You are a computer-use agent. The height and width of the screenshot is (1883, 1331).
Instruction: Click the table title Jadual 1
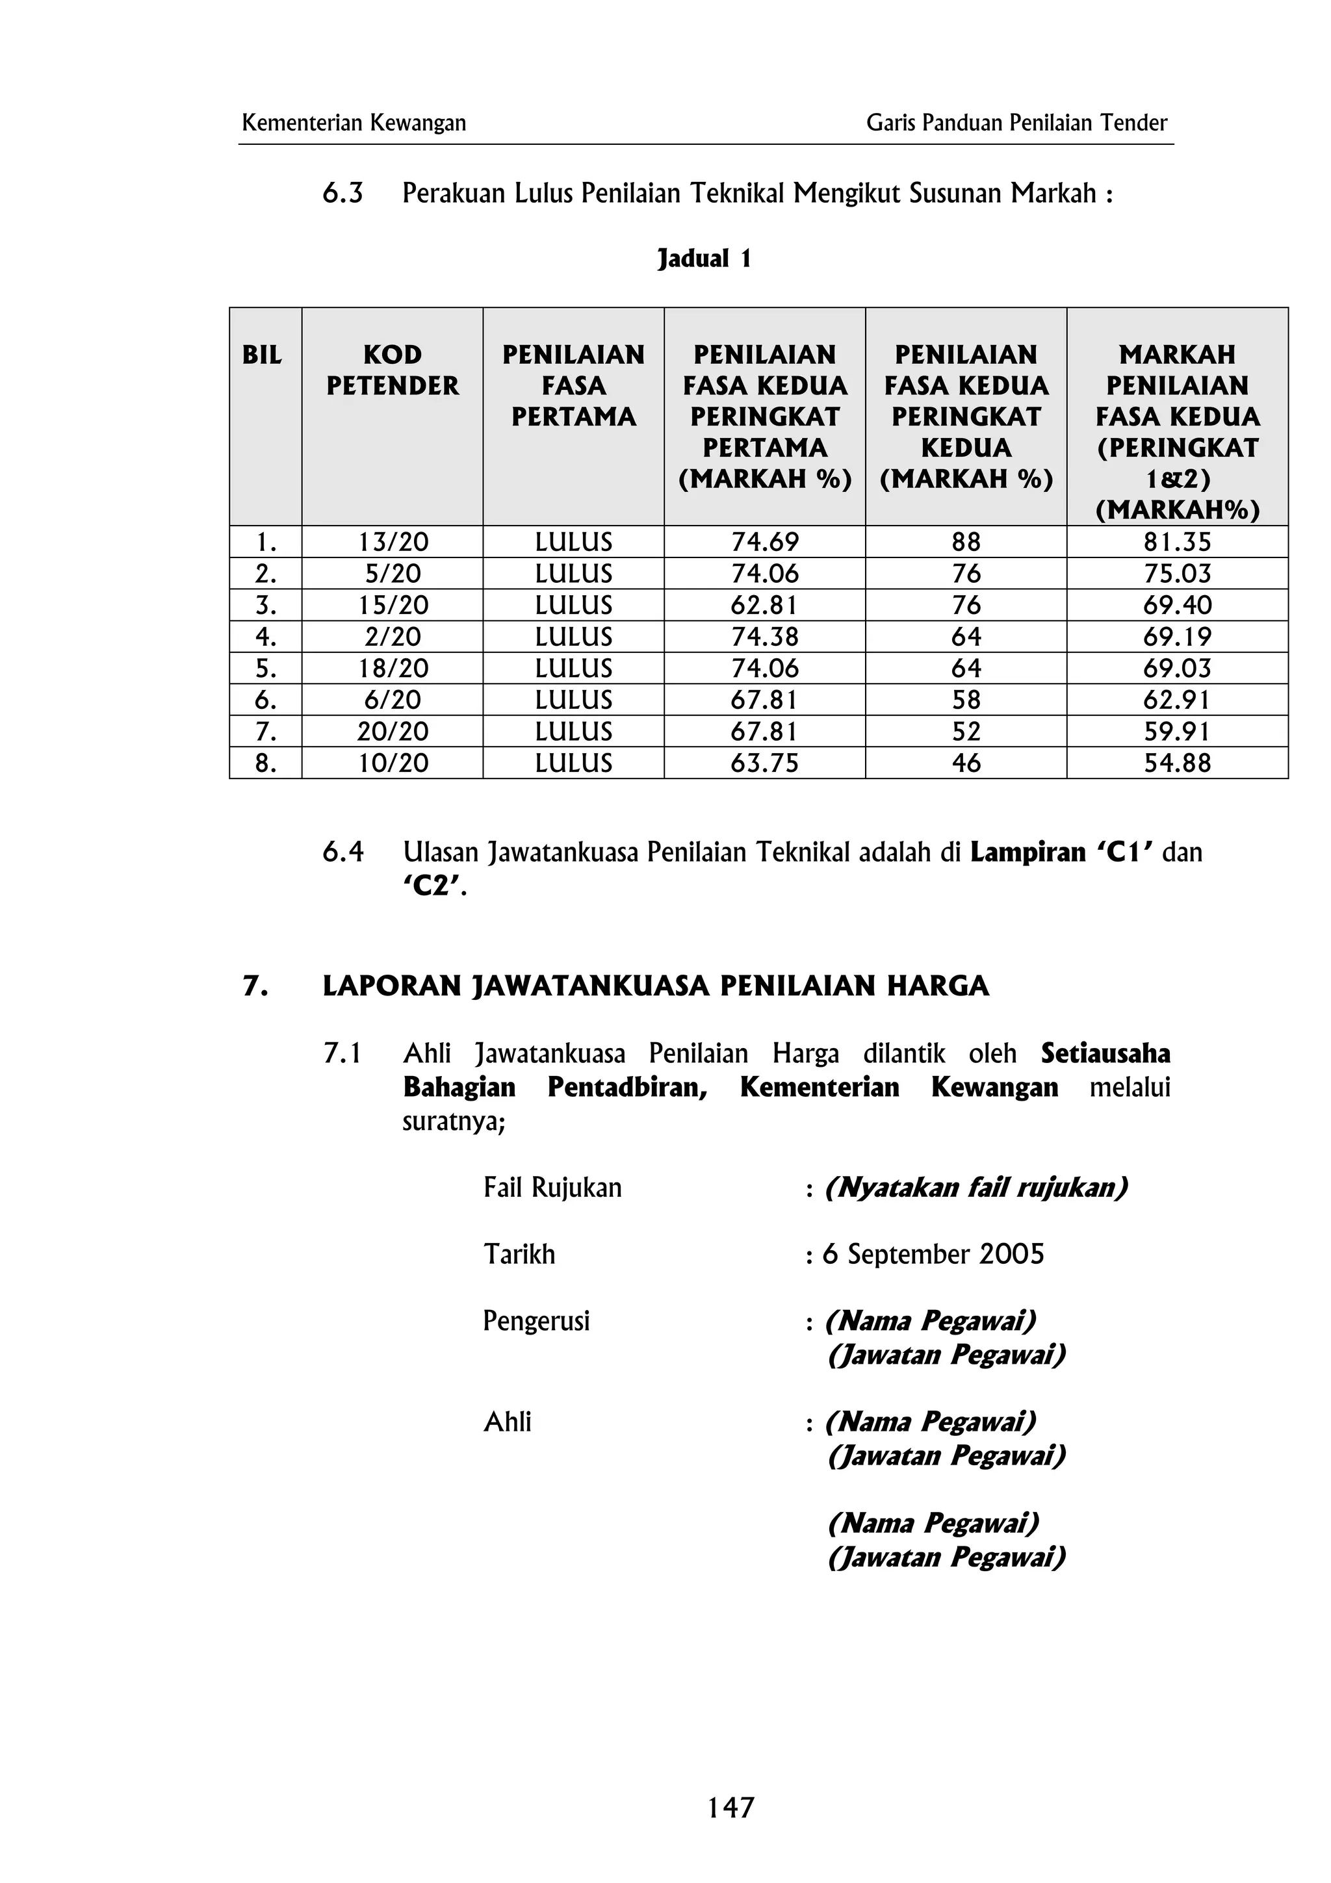pyautogui.click(x=704, y=259)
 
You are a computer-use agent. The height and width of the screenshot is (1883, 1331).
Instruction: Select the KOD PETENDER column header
pyautogui.click(x=392, y=370)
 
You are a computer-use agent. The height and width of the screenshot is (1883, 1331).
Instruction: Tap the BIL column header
pyautogui.click(x=262, y=355)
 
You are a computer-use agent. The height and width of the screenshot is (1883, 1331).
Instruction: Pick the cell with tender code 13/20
pyautogui.click(x=393, y=542)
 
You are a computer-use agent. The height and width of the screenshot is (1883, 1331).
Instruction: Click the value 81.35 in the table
pyautogui.click(x=1177, y=542)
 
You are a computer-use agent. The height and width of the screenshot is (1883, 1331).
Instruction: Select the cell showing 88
pyautogui.click(x=965, y=542)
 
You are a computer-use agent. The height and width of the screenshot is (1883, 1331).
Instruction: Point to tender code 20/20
pyautogui.click(x=393, y=732)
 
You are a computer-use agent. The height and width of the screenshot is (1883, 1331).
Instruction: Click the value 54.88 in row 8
pyautogui.click(x=1177, y=763)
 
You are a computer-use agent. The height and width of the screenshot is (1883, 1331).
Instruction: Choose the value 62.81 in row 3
pyautogui.click(x=764, y=606)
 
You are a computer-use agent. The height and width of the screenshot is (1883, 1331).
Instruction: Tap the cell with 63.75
pyautogui.click(x=764, y=763)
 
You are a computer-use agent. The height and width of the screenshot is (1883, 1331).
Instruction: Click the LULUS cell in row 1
pyautogui.click(x=573, y=542)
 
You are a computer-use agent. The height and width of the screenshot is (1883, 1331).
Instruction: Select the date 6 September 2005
pyautogui.click(x=933, y=1255)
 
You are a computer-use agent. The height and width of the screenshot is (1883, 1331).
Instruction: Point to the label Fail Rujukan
pyautogui.click(x=552, y=1188)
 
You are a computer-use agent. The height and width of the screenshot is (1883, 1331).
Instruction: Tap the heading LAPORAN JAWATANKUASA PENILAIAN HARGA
pyautogui.click(x=655, y=986)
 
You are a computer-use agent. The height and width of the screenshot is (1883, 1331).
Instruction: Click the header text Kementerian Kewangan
pyautogui.click(x=354, y=123)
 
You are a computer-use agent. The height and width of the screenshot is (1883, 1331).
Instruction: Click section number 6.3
pyautogui.click(x=342, y=194)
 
